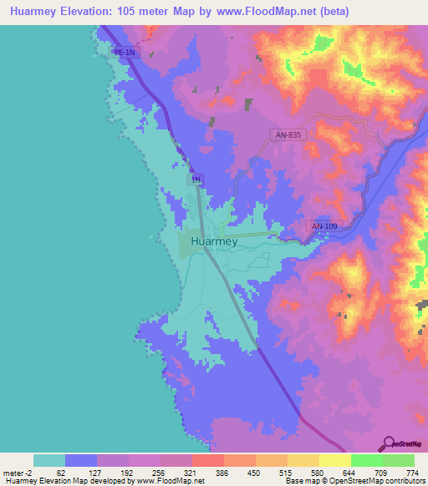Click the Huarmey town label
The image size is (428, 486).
(214, 241)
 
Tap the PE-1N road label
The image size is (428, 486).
(125, 53)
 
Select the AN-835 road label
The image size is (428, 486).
(288, 134)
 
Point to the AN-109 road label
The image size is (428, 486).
(325, 226)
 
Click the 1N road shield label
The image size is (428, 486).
(196, 180)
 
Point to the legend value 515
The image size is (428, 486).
(287, 472)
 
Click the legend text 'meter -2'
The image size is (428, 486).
(17, 472)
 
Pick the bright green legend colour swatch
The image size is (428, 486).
(366, 460)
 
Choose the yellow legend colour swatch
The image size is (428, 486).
(334, 460)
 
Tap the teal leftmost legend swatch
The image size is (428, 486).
(49, 460)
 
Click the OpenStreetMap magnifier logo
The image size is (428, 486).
(386, 443)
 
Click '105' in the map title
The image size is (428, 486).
(140, 12)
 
